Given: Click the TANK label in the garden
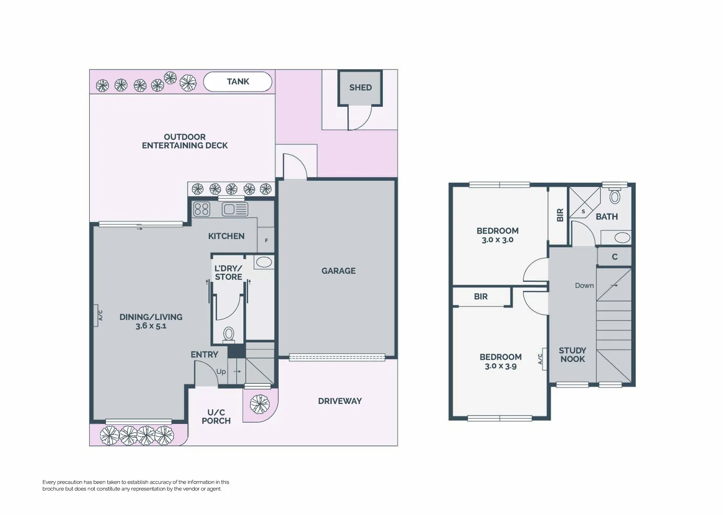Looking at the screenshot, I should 238,82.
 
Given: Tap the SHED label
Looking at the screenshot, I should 360,88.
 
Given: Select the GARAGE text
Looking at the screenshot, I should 338,271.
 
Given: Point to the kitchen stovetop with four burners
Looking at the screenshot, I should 202,209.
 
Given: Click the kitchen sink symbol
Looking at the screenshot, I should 235,209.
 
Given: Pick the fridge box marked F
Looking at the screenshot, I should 266,240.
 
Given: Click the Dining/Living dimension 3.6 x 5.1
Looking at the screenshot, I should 151,326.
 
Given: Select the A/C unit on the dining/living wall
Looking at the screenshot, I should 97,316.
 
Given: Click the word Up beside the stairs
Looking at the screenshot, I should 221,371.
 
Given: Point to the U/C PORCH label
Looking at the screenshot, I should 216,417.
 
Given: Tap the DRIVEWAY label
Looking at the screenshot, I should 340,401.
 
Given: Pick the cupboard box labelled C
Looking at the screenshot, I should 615,257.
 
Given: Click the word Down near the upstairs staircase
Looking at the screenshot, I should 584,286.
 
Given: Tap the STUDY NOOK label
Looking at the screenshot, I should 572,355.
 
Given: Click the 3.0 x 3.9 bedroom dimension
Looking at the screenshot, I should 501,366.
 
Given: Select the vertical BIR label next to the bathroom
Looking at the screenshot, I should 560,215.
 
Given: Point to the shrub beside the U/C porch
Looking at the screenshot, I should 260,404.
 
